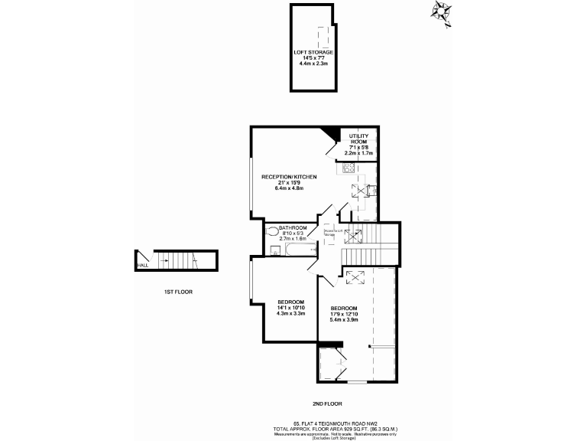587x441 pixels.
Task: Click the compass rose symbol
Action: point(443,11)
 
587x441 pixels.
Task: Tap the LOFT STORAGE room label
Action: point(313,52)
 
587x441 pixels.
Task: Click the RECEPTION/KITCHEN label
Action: point(289,177)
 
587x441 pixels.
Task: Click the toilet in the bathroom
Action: point(272,230)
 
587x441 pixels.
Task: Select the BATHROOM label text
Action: point(293,227)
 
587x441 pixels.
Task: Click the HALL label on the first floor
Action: point(142,266)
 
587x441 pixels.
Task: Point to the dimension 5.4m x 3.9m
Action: point(344,319)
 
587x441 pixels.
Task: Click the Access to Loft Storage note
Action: point(330,230)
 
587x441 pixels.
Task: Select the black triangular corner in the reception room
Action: point(331,134)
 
